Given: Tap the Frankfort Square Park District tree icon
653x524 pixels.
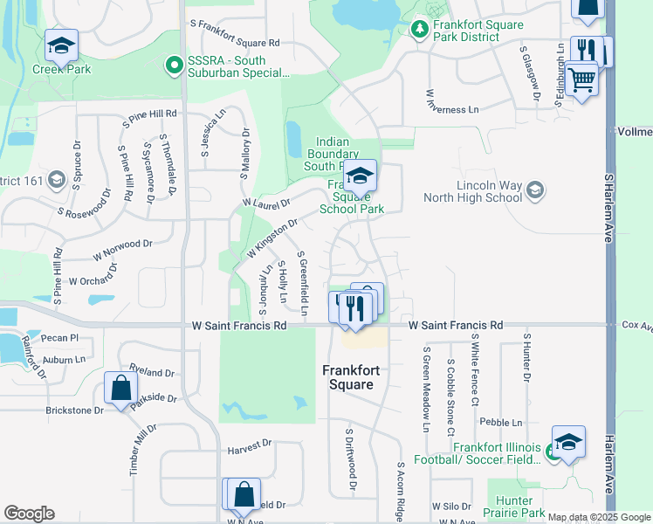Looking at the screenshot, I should (x=419, y=31).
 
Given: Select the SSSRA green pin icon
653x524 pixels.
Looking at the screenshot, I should (x=173, y=64).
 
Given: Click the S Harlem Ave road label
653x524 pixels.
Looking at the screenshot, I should (x=609, y=209).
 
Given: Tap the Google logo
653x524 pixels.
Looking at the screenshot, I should (x=29, y=514).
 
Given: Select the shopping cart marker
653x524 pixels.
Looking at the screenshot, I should (x=581, y=81).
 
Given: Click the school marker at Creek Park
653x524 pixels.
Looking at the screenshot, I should (x=61, y=45).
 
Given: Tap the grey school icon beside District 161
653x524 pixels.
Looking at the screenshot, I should (x=57, y=180).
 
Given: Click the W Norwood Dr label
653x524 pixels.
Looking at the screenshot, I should (x=123, y=252).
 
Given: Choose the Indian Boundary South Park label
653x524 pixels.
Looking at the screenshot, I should (x=332, y=154).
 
